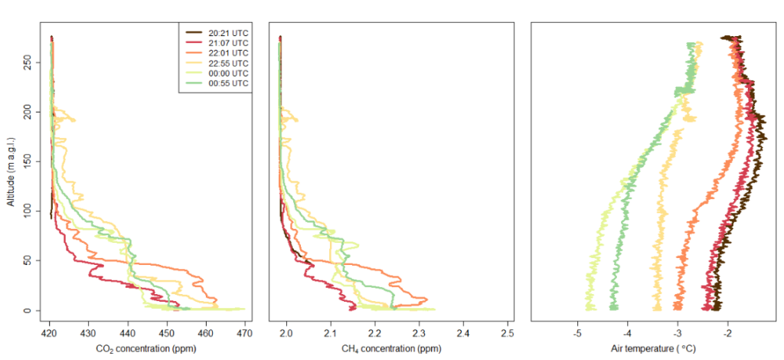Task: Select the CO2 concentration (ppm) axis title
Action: tap(146, 349)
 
